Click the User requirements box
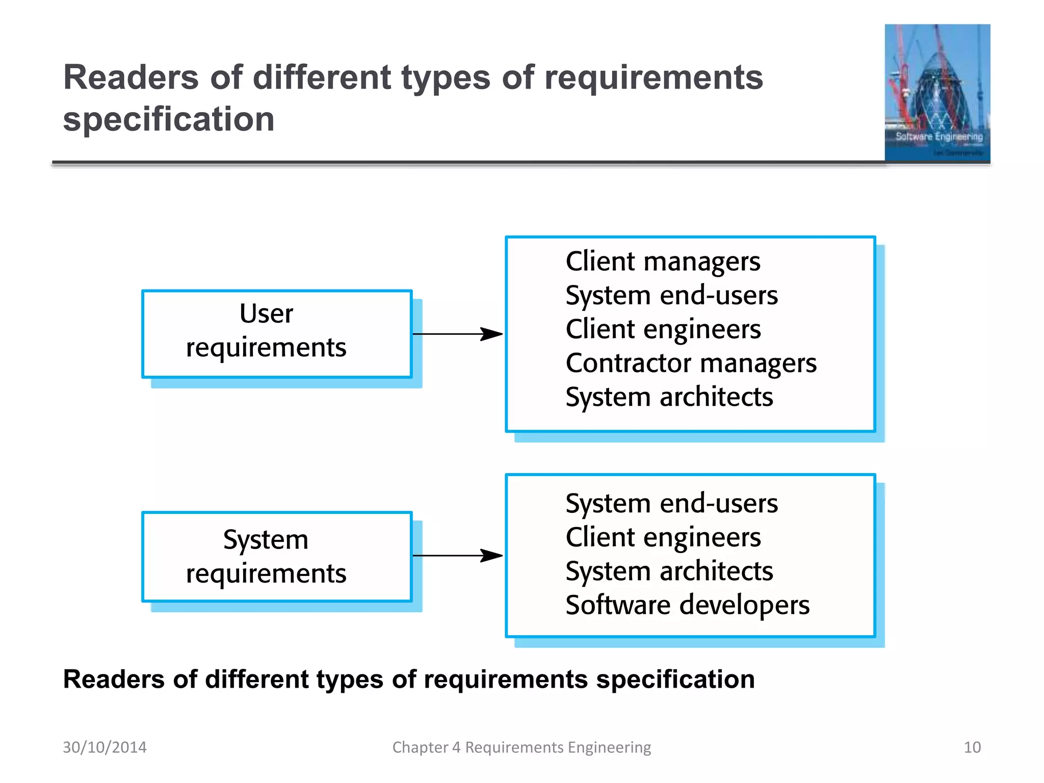pos(276,334)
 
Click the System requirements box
pos(276,556)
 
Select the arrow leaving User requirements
pos(457,334)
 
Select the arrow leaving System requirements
pos(457,556)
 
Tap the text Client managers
pos(663,262)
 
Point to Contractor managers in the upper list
pos(691,363)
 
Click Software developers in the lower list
pos(687,605)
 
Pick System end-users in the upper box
pos(671,296)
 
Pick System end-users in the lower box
pos(671,504)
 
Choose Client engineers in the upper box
pos(663,329)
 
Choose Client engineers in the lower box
pos(663,537)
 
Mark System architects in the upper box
pos(669,397)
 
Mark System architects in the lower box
pos(669,571)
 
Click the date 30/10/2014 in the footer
pos(105,747)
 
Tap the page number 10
pos(972,747)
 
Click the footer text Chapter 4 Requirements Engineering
pos(521,747)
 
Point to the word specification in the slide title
pos(169,119)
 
